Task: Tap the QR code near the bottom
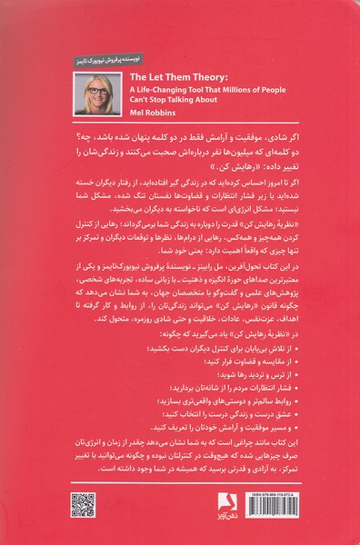pyautogui.click(x=84, y=504)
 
